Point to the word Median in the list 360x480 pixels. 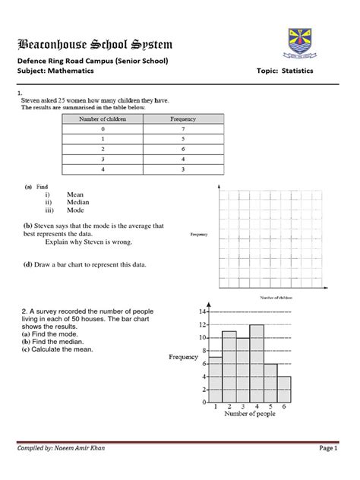tap(78, 203)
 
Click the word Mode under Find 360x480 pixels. tap(76, 211)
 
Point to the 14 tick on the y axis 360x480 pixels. tap(204, 312)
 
